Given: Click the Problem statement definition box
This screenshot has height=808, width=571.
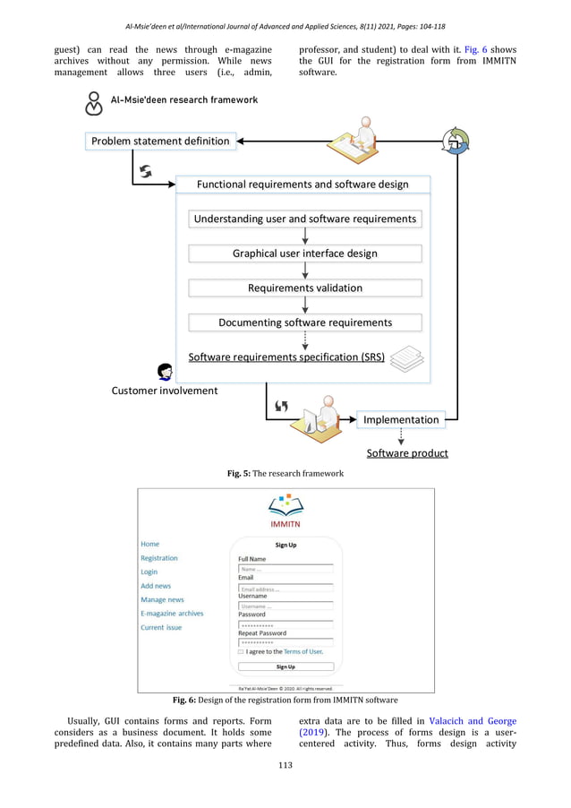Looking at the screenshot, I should pyautogui.click(x=160, y=141).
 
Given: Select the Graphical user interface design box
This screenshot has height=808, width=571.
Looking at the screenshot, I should pyautogui.click(x=304, y=254).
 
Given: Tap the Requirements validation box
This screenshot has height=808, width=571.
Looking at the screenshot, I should pyautogui.click(x=304, y=288).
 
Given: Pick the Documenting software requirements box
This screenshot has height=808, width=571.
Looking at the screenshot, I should pyautogui.click(x=304, y=322).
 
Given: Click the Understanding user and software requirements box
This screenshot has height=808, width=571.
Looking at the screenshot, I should pyautogui.click(x=304, y=219).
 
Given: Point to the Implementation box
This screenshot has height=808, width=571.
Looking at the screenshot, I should pyautogui.click(x=401, y=419).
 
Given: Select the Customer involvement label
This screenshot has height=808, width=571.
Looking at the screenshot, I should pyautogui.click(x=164, y=391).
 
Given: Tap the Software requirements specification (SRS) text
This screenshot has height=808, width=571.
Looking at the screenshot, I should pyautogui.click(x=286, y=357).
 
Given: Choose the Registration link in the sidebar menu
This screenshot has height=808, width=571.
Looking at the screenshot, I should pyautogui.click(x=159, y=558).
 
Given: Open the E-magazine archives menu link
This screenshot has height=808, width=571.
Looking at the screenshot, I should pyautogui.click(x=172, y=614).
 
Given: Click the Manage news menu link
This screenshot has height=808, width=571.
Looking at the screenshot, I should pyautogui.click(x=162, y=599).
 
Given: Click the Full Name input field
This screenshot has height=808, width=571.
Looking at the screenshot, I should pyautogui.click(x=285, y=568).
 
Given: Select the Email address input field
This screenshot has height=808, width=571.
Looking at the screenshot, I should pyautogui.click(x=285, y=589).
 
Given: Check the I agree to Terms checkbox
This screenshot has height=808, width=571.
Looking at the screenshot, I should pyautogui.click(x=241, y=652).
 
